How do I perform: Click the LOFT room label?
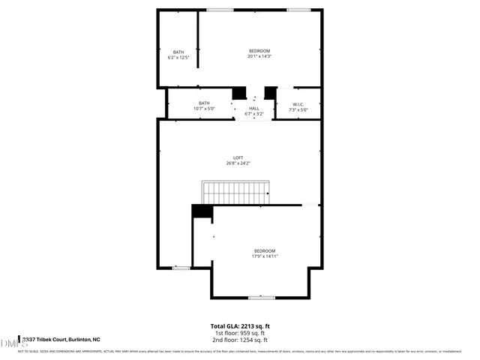point(237,157)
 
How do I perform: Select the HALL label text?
point(254,108)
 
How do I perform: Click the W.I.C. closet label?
point(298,104)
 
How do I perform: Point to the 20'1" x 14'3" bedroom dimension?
point(259,56)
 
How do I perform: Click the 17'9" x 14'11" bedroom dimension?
point(264,256)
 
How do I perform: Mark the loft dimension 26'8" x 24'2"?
point(237,163)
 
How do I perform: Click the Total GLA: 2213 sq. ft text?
point(240,325)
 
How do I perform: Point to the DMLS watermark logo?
point(10,343)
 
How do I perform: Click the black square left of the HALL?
point(238,92)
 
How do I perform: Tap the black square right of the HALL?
point(271,92)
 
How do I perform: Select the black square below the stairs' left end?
point(201,211)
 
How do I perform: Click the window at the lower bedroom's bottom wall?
point(261,298)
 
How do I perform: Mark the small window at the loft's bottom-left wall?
point(181,268)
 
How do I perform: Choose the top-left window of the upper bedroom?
point(220,9)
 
